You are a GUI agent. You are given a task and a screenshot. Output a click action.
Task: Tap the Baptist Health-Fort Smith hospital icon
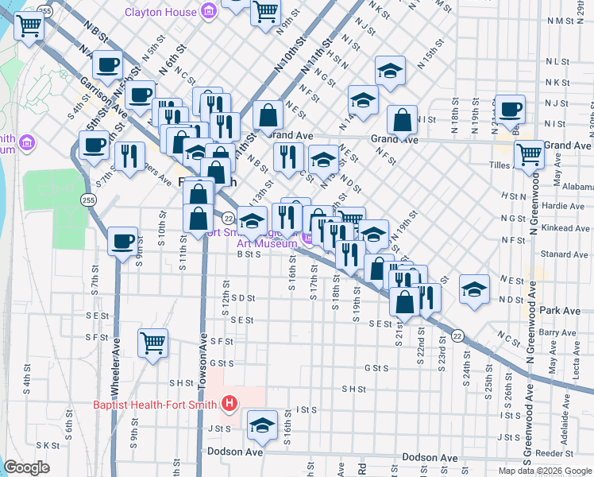229,405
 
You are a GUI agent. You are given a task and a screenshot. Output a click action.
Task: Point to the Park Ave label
561,310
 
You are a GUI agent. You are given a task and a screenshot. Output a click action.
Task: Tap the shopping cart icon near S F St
152,343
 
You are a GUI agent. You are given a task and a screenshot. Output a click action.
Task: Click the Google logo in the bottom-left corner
27,467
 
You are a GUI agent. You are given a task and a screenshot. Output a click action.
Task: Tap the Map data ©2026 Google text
545,471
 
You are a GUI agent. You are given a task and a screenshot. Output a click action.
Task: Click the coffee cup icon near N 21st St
510,109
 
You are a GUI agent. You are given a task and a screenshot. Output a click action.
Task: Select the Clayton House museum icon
209,11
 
